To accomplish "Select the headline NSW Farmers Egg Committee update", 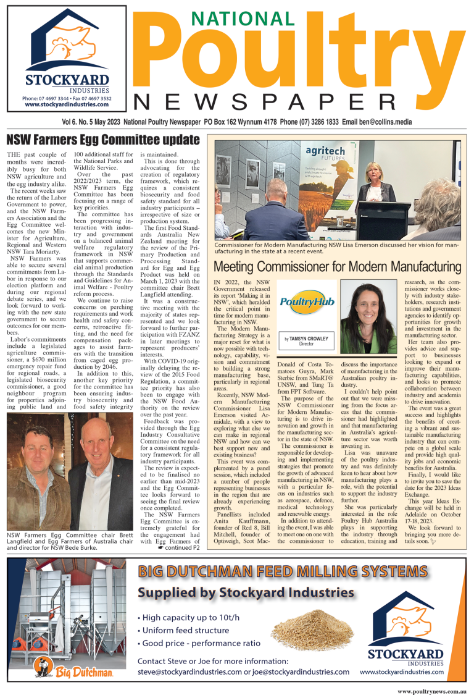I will tap(102, 139).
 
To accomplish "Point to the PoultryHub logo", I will tap(307, 303).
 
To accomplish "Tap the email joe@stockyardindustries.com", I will tap(296, 671).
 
